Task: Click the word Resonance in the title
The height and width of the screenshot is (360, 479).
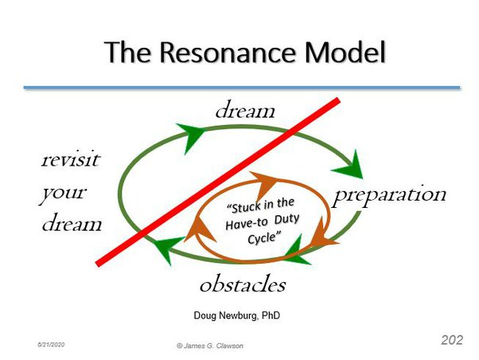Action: click(228, 52)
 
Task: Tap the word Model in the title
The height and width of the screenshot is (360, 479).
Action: click(345, 52)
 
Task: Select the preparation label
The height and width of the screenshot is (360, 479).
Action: click(390, 195)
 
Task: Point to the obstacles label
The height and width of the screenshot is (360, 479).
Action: click(243, 284)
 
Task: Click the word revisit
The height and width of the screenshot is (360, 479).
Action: click(71, 159)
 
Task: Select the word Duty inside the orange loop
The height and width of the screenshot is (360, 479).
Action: click(286, 220)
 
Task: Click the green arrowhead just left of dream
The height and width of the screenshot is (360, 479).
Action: click(190, 136)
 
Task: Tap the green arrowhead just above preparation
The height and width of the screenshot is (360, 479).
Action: click(349, 165)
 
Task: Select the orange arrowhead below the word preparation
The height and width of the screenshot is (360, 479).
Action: click(322, 233)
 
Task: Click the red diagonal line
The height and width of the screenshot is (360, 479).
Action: click(218, 182)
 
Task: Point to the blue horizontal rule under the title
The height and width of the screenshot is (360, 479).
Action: click(242, 88)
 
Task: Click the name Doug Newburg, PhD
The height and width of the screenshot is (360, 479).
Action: click(237, 315)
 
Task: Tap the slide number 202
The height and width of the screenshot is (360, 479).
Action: click(452, 340)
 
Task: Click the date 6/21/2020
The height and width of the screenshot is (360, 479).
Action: click(51, 345)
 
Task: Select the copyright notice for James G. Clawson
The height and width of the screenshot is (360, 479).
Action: click(210, 346)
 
